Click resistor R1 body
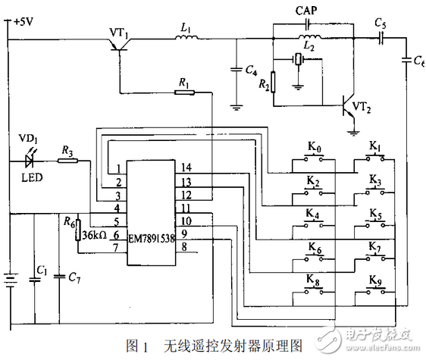tap(183, 92)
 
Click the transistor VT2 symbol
tap(349, 106)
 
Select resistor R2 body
tap(275, 82)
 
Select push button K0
tap(312, 160)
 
